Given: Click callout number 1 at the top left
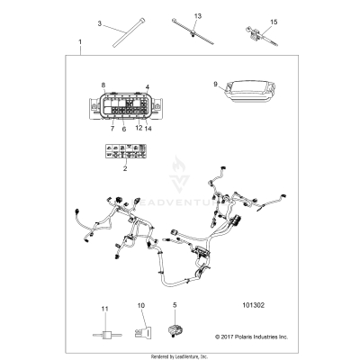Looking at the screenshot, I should point(80,42).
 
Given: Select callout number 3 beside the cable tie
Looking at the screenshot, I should point(100,22).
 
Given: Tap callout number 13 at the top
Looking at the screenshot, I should point(198,16).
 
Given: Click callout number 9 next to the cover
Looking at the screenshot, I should point(215,85).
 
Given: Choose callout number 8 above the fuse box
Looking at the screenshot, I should point(103,84).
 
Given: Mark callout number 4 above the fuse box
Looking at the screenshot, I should point(147,86).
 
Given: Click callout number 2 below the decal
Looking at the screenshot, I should point(125,167).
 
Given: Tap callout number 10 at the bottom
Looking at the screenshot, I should point(140,306).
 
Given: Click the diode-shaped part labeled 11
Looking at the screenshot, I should point(104,330).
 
